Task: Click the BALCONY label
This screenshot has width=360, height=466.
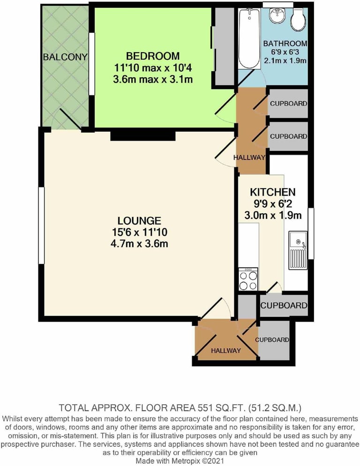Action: pyautogui.click(x=65, y=57)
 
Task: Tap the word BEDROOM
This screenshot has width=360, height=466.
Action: pyautogui.click(x=153, y=56)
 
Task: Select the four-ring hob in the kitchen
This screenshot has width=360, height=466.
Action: pyautogui.click(x=248, y=280)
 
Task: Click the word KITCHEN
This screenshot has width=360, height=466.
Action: pyautogui.click(x=272, y=192)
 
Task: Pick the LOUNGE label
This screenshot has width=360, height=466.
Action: pyautogui.click(x=139, y=220)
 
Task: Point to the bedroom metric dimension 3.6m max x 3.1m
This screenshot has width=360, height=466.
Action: pyautogui.click(x=153, y=79)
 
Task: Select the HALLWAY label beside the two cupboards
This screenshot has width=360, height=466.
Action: pyautogui.click(x=249, y=158)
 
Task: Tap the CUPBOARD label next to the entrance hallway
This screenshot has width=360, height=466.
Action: pyautogui.click(x=272, y=339)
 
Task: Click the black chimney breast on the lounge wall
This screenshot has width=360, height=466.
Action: pyautogui.click(x=143, y=135)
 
